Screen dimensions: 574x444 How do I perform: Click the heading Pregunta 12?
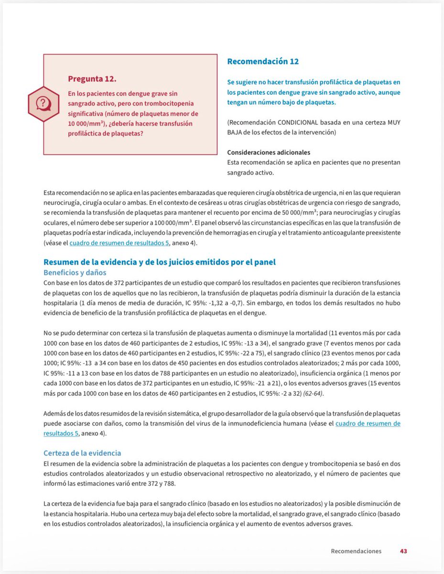coord(92,78)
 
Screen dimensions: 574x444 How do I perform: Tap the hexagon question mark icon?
coord(43,103)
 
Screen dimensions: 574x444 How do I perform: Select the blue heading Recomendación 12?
coord(263,61)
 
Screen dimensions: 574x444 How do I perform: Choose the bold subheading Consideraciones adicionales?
coord(269,152)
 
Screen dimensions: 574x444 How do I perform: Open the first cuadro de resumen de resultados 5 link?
coord(119,243)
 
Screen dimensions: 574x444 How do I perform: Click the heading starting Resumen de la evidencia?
coord(159,262)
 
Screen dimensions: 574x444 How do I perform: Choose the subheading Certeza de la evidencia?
coord(82,453)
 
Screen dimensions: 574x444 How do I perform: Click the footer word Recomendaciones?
coord(356,551)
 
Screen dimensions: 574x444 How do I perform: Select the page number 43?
coord(403,551)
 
